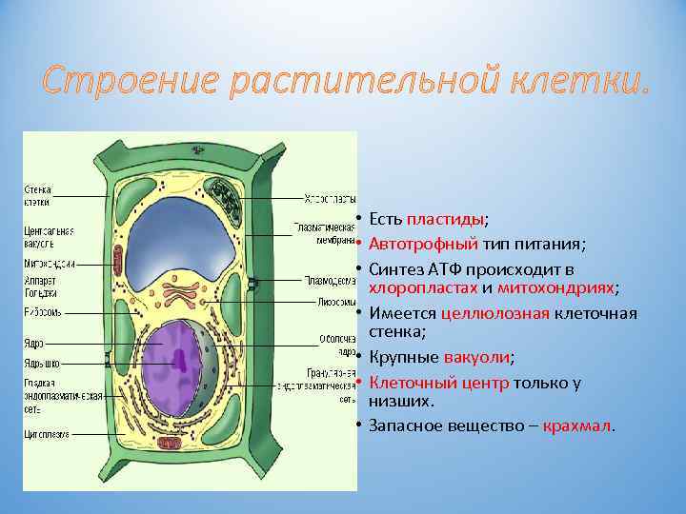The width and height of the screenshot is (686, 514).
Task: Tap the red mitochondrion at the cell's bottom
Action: tap(191, 446)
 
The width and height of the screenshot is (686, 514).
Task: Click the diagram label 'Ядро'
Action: tap(33, 343)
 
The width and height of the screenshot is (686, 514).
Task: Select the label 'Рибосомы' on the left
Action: tap(42, 311)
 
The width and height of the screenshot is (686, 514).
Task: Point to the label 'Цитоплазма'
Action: tap(47, 434)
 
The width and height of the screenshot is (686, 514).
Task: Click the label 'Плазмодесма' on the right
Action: tap(330, 281)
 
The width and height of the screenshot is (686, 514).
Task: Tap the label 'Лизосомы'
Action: tap(336, 303)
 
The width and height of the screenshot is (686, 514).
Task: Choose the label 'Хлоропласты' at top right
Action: tap(330, 199)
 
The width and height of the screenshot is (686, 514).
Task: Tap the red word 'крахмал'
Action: tap(578, 425)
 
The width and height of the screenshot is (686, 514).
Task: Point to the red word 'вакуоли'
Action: tap(477, 358)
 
